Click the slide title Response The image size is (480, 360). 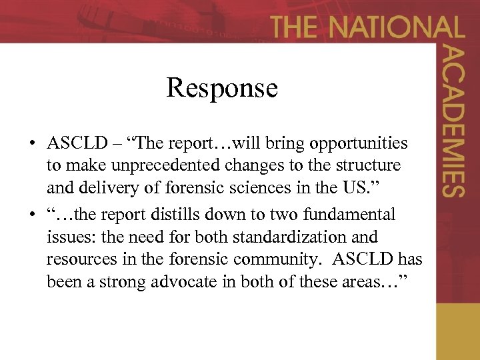221,88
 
